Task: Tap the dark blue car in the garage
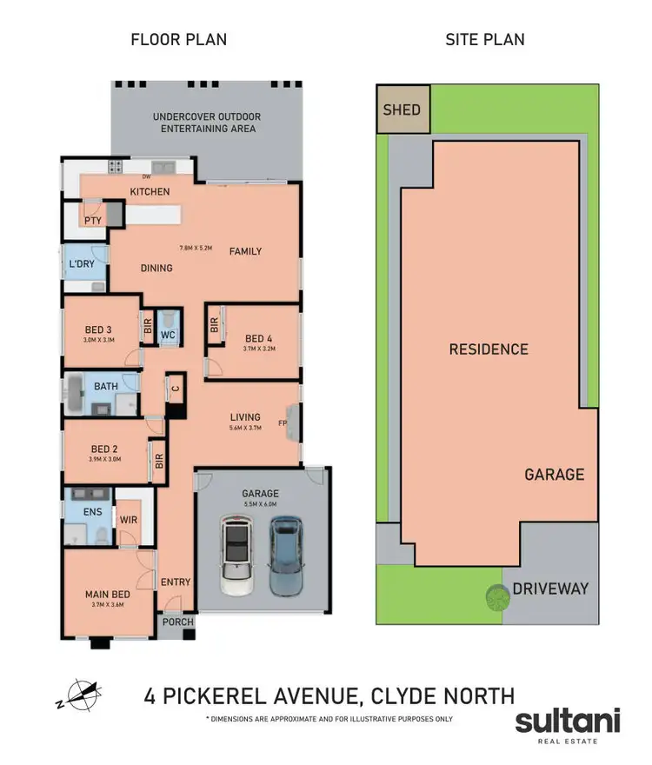pos(285,556)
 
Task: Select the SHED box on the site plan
pos(402,110)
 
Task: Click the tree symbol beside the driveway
pos(496,597)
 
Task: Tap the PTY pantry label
pos(93,221)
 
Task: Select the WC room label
pos(169,334)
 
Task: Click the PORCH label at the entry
pos(177,622)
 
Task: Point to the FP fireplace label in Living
pos(282,424)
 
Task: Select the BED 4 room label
pos(260,339)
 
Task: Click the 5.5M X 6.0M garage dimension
pos(260,503)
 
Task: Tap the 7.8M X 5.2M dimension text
pos(196,248)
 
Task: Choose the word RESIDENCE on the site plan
pos(488,349)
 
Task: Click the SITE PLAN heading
pos(484,39)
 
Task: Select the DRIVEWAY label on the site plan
pos(549,589)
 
